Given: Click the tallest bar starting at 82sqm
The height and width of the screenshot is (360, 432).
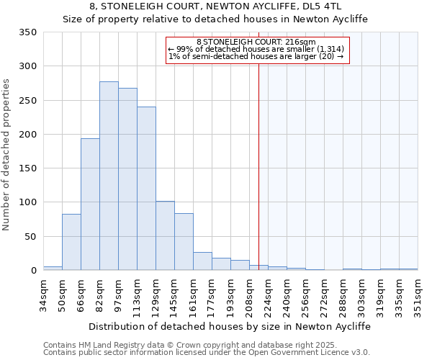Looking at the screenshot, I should coord(109,176).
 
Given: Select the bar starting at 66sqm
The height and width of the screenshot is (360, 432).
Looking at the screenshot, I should coord(90,204).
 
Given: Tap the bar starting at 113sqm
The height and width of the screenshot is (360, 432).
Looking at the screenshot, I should coord(146,189).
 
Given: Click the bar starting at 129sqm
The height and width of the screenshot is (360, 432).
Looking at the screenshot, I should coord(165,235).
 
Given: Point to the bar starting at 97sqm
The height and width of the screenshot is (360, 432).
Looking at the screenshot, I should coord(127,179).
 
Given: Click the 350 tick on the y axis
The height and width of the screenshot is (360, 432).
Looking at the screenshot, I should coord(28,32).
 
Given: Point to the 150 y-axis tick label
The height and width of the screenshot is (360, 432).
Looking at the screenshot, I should coord(28,168).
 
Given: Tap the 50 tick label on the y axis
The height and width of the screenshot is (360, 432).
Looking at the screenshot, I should coord(31,237).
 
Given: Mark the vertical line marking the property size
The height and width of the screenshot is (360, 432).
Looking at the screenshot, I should coord(258,166).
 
